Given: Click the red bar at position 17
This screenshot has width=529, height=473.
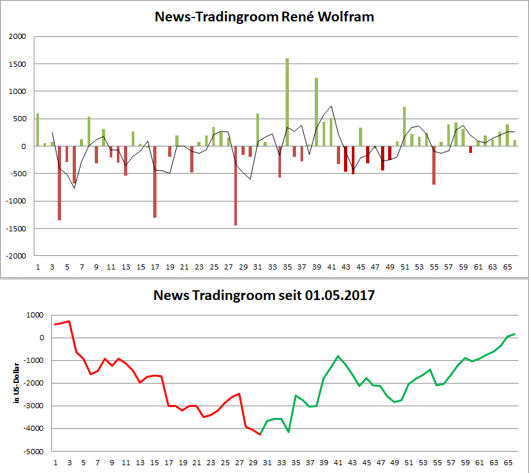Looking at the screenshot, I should [155, 181].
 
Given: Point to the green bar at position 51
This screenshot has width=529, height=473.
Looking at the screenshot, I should [404, 126].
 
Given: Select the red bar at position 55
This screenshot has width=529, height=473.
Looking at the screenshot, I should [434, 165].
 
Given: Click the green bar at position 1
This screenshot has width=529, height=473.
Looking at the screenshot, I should [38, 130].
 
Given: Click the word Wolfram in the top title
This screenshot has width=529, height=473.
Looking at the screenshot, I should [349, 17].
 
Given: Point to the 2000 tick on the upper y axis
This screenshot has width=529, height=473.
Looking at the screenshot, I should [17, 37].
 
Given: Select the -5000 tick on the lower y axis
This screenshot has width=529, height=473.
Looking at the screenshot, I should [33, 452].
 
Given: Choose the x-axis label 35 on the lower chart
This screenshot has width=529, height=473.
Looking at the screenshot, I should [295, 463].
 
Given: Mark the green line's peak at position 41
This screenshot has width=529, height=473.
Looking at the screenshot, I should [338, 356].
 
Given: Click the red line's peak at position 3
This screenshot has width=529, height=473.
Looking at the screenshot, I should [69, 321].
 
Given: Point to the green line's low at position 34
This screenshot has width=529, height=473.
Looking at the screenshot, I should [288, 432].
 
